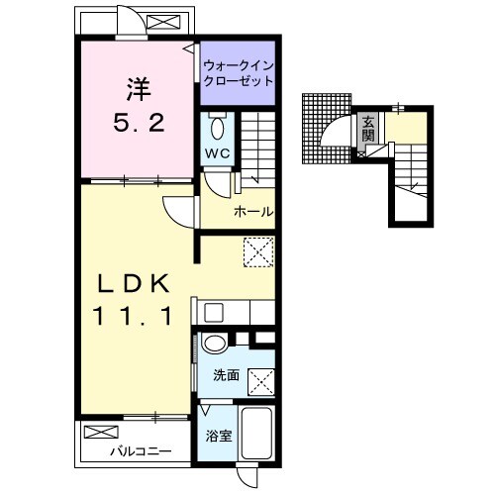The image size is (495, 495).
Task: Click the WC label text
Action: tap(217, 153)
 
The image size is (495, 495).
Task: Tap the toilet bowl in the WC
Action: tap(217, 128)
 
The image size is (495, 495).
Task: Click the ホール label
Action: tap(253, 212)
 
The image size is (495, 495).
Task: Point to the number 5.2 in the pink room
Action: tap(139, 123)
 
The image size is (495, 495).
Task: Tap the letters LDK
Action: tap(134, 283)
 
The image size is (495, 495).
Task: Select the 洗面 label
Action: tap(226, 375)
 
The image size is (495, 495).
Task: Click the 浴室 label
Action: tap(218, 437)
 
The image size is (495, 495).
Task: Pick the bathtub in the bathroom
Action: tap(256, 433)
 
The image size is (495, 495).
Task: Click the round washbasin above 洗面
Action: tap(215, 343)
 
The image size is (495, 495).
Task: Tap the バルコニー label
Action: tap(141, 450)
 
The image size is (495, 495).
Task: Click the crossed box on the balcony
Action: tap(101, 432)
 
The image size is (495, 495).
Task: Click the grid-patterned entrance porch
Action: tap(326, 129)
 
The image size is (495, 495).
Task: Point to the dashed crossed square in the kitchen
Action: tap(258, 251)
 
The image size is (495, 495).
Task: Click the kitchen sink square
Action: tap(214, 312)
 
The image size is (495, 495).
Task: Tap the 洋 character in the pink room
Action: tap(139, 89)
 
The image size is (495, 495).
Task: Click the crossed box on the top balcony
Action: tap(163, 22)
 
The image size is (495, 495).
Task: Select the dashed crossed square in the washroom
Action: tap(261, 382)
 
